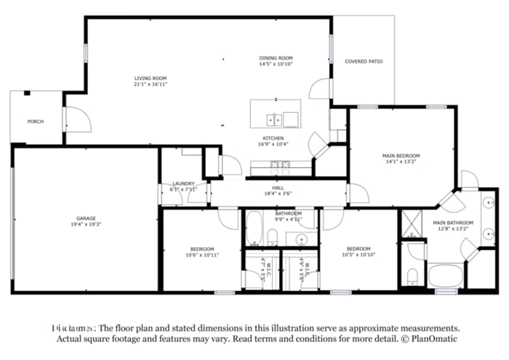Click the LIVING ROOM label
click(x=151, y=78)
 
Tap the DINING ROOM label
click(x=276, y=58)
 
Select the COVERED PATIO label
click(x=364, y=62)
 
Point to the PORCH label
click(x=35, y=121)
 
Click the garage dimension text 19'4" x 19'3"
click(x=87, y=224)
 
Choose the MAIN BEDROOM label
click(x=401, y=156)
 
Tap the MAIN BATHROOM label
click(x=453, y=223)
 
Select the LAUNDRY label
click(x=183, y=184)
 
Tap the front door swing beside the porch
click(x=78, y=119)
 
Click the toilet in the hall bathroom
click(x=271, y=236)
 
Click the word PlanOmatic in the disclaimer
click(x=434, y=339)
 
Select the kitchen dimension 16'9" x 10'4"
click(x=273, y=144)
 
